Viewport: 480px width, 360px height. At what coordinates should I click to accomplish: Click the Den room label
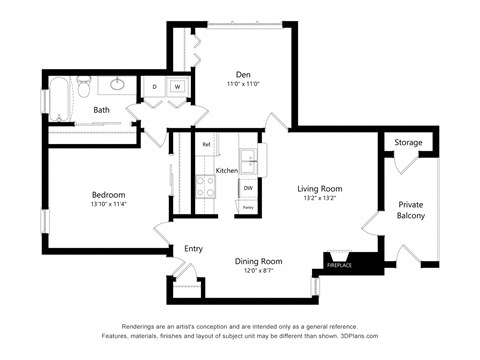pyautogui.click(x=243, y=74)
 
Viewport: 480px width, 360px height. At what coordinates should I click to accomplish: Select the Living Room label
pyautogui.click(x=320, y=188)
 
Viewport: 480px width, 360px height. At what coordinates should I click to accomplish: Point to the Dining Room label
pyautogui.click(x=258, y=261)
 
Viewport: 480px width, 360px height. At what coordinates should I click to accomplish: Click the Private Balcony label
pyautogui.click(x=410, y=210)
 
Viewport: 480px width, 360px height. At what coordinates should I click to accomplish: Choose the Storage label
pyautogui.click(x=408, y=143)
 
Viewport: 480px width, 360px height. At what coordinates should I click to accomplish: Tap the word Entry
pyautogui.click(x=194, y=249)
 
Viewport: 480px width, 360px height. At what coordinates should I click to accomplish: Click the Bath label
pyautogui.click(x=102, y=110)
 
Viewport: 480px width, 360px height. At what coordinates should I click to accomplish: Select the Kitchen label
pyautogui.click(x=227, y=170)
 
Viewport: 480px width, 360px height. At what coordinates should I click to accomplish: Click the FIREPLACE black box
pyautogui.click(x=340, y=265)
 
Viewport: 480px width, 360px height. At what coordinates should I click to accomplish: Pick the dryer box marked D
pyautogui.click(x=155, y=88)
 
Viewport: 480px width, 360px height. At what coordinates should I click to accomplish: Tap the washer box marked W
pyautogui.click(x=177, y=88)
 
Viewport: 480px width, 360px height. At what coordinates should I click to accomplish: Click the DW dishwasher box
pyautogui.click(x=247, y=187)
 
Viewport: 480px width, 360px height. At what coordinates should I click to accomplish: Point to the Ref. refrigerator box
pyautogui.click(x=207, y=145)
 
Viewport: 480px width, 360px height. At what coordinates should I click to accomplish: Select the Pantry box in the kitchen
pyautogui.click(x=246, y=207)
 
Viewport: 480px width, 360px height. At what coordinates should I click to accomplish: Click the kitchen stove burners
pyautogui.click(x=206, y=184)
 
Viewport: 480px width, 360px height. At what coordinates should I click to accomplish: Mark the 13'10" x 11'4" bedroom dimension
pyautogui.click(x=108, y=204)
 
